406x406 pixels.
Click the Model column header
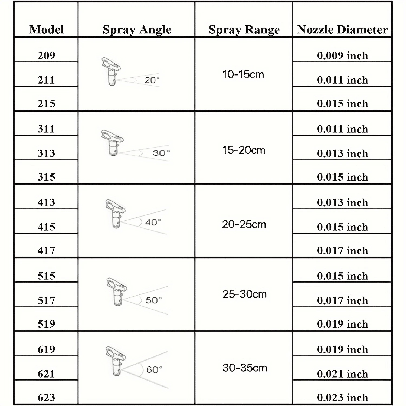pos(47,30)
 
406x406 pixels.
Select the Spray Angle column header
pos(137,30)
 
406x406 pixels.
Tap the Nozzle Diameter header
pos(342,30)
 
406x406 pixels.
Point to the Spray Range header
pos(244,30)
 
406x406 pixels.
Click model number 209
pos(46,55)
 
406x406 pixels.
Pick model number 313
pos(46,153)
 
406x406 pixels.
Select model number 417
pos(46,250)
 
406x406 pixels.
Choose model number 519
pos(46,324)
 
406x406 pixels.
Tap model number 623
pos(46,397)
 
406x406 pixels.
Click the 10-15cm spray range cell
pos(243,74)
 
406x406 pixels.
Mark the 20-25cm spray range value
pos(244,224)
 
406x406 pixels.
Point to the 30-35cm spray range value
pos(245,368)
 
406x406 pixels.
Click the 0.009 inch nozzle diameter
pos(342,55)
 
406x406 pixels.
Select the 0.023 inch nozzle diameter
pos(342,397)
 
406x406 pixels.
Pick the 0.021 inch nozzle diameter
pos(342,374)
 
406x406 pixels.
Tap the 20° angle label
pos(152,80)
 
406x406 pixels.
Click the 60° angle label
pos(154,369)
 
